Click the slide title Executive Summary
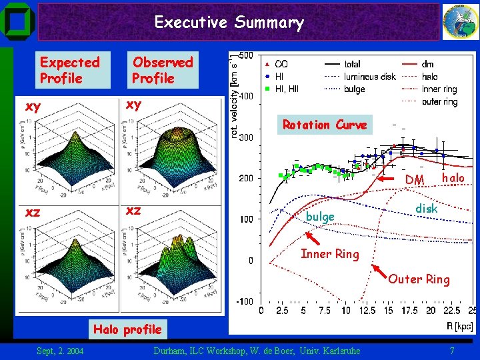229,23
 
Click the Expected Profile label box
69,71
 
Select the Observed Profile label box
162,71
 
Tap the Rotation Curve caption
325,125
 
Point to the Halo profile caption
127,329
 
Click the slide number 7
451,351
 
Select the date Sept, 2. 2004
60,351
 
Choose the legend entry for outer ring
439,102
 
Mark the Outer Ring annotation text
419,279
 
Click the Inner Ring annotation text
329,253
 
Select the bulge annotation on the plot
320,217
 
